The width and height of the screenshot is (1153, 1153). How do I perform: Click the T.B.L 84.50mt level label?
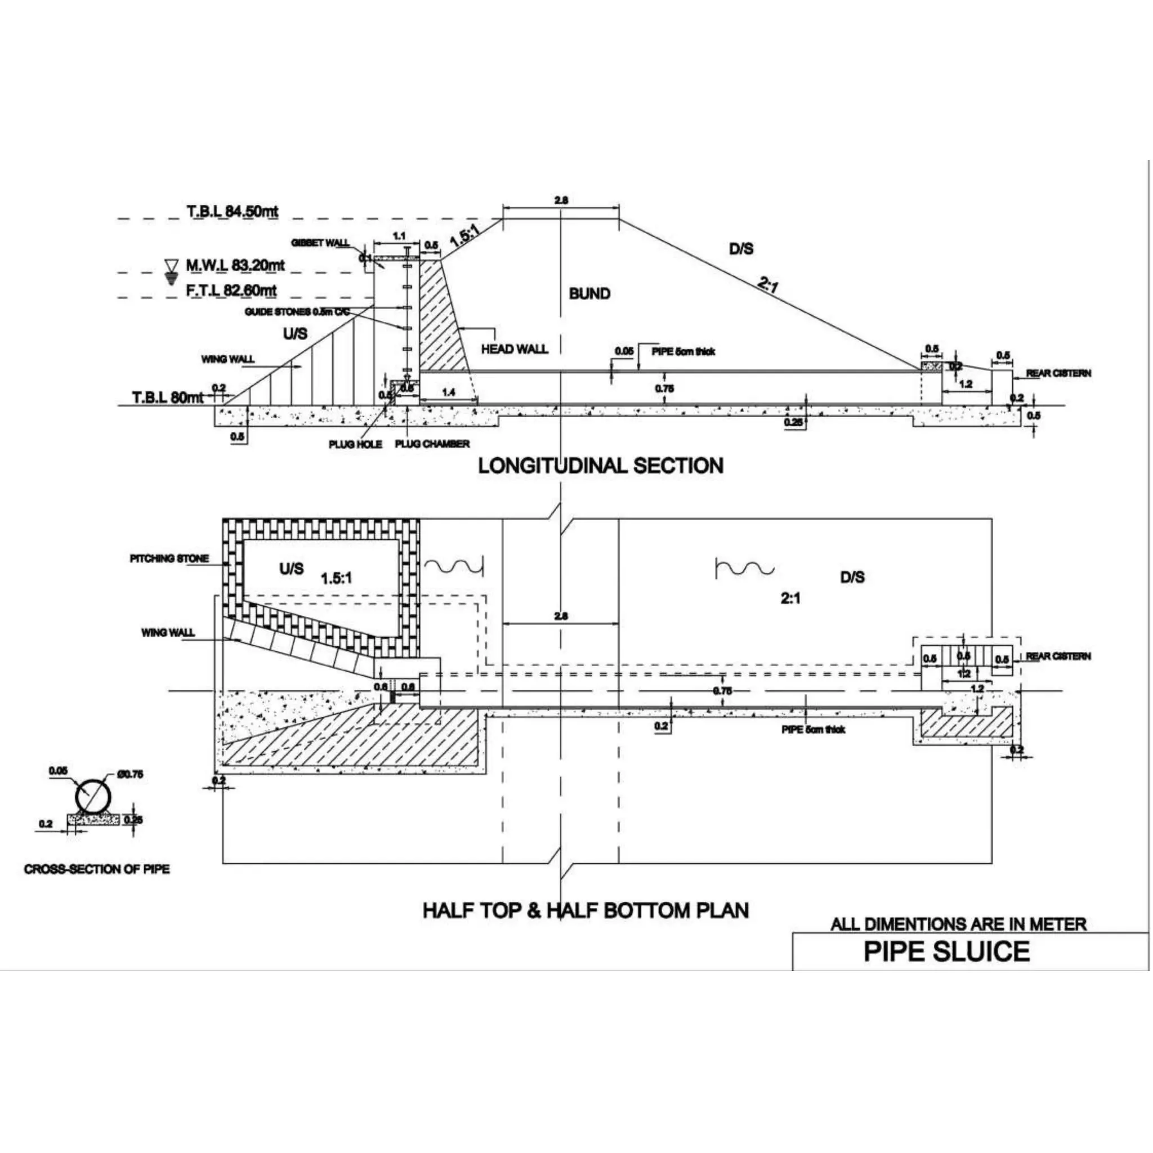(x=232, y=211)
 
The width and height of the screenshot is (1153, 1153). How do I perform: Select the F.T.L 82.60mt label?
(x=231, y=291)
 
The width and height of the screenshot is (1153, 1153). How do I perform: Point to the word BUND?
(x=589, y=294)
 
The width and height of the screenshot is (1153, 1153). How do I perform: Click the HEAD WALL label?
(x=515, y=349)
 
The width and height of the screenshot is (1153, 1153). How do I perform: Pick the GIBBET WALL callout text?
(x=320, y=243)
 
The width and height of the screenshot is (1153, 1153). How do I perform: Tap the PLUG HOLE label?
(x=355, y=445)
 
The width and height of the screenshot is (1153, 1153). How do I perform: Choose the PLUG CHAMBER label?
(x=432, y=444)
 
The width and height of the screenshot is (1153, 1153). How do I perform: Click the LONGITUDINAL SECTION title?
(x=600, y=466)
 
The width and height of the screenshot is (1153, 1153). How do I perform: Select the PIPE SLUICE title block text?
(x=946, y=951)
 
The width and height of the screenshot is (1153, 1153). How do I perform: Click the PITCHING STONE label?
(x=169, y=558)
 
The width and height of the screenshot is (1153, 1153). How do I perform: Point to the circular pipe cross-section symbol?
(x=93, y=797)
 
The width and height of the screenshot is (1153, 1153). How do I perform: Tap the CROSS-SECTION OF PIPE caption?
(x=97, y=869)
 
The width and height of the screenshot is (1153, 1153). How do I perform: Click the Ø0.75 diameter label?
(x=131, y=775)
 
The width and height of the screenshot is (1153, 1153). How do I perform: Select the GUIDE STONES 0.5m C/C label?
(x=297, y=312)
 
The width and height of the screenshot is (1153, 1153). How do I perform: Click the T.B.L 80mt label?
(x=168, y=397)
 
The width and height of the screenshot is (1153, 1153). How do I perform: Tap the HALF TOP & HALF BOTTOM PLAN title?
(x=586, y=910)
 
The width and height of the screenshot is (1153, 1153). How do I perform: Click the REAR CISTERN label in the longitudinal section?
(x=1058, y=373)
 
